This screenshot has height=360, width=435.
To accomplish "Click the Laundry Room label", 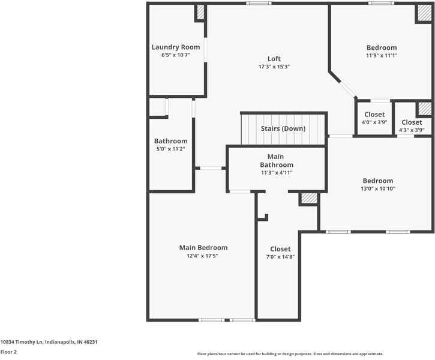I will point(176,47).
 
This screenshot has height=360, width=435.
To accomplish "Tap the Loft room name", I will point(274,58).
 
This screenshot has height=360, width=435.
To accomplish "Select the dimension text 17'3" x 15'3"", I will point(274,67).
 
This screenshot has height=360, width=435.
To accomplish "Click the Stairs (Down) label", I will point(283,128).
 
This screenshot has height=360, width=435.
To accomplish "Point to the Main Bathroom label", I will point(277,160).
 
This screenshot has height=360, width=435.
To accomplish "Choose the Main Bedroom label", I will point(203,247).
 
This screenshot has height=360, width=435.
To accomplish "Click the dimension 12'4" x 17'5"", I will point(203,256).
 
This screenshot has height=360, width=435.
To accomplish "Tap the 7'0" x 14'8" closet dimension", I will point(280,257).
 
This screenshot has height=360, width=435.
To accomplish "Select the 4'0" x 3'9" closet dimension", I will point(374,122).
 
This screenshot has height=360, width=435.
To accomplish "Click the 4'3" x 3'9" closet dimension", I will point(412,130).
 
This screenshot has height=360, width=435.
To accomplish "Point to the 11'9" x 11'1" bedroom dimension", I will point(382,55).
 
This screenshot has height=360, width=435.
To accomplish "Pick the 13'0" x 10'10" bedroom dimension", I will point(378,188).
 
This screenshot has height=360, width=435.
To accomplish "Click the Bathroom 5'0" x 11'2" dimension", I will point(171,149).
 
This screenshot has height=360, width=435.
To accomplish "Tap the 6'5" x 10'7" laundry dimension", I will point(176,55).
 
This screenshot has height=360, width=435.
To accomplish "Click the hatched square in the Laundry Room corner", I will point(200,13).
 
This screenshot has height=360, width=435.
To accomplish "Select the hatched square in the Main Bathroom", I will point(309,198).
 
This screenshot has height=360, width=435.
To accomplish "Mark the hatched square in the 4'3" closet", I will point(424,109).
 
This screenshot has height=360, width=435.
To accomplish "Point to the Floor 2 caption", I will point(8,352).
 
